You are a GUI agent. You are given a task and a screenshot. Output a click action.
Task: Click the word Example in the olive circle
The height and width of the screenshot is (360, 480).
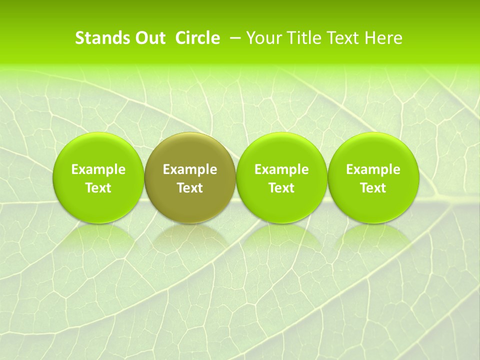tap(190, 169)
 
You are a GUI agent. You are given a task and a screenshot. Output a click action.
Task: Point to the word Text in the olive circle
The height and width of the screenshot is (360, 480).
tap(190, 188)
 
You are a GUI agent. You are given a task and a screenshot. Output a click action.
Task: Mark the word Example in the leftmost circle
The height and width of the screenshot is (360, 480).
tap(98, 169)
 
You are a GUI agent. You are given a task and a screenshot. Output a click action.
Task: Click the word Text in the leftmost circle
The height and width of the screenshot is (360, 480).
tap(98, 188)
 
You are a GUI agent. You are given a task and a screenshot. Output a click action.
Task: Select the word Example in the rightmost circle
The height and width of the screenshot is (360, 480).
tap(373, 169)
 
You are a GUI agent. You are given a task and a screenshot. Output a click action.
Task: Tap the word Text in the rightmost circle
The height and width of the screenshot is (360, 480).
tap(373, 188)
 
